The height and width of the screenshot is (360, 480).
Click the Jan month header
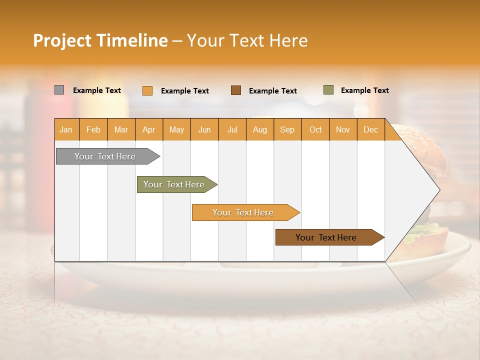click(x=66, y=129)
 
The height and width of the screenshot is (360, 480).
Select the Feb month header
click(x=93, y=129)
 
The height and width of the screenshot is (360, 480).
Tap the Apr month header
click(x=149, y=129)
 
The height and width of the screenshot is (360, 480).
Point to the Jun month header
click(x=204, y=129)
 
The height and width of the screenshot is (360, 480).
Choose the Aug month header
click(x=260, y=129)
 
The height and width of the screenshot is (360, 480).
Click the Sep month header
click(x=287, y=129)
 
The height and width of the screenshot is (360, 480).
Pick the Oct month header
click(x=315, y=129)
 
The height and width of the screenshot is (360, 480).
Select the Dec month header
click(x=371, y=129)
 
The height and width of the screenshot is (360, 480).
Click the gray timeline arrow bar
click(x=105, y=156)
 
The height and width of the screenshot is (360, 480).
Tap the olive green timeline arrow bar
click(x=174, y=184)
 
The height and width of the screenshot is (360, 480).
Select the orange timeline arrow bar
click(x=243, y=212)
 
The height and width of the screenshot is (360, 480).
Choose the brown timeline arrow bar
click(x=326, y=237)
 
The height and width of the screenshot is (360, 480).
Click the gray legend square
click(x=59, y=90)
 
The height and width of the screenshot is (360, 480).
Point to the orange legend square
click(x=147, y=90)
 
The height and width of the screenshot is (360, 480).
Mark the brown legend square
click(x=236, y=90)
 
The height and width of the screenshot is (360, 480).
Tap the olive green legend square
click(x=328, y=90)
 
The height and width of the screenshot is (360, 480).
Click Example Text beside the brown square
click(x=273, y=91)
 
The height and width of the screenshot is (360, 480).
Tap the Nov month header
click(x=343, y=129)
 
